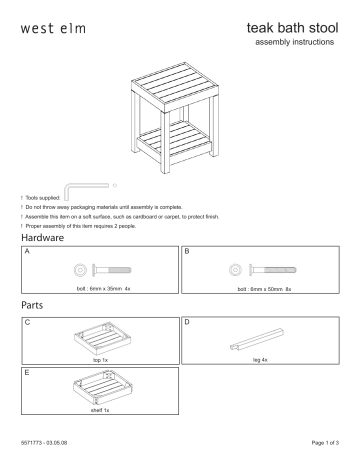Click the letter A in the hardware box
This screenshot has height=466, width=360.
[x=26, y=254]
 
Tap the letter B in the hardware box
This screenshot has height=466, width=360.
[x=188, y=254]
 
